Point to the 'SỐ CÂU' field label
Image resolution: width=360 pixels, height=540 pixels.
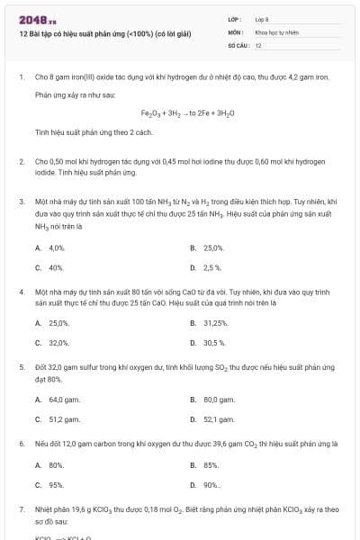(238, 44)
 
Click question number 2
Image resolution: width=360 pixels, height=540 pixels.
(21, 162)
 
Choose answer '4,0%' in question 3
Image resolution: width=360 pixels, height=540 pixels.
(57, 247)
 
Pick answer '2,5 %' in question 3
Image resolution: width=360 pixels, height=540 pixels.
(212, 267)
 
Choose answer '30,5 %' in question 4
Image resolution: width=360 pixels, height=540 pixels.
(214, 343)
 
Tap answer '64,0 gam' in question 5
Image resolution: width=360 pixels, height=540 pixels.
(60, 399)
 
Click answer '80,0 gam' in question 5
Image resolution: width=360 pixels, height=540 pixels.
(219, 399)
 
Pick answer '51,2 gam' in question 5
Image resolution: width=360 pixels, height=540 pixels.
(60, 418)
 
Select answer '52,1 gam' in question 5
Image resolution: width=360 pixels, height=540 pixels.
(219, 418)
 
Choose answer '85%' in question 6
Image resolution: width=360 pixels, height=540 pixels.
(211, 464)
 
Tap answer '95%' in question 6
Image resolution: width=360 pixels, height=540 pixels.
(56, 485)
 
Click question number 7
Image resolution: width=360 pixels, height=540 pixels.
(21, 509)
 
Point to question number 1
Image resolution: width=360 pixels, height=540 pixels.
(21, 77)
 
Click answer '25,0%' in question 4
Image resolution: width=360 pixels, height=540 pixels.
(58, 322)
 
